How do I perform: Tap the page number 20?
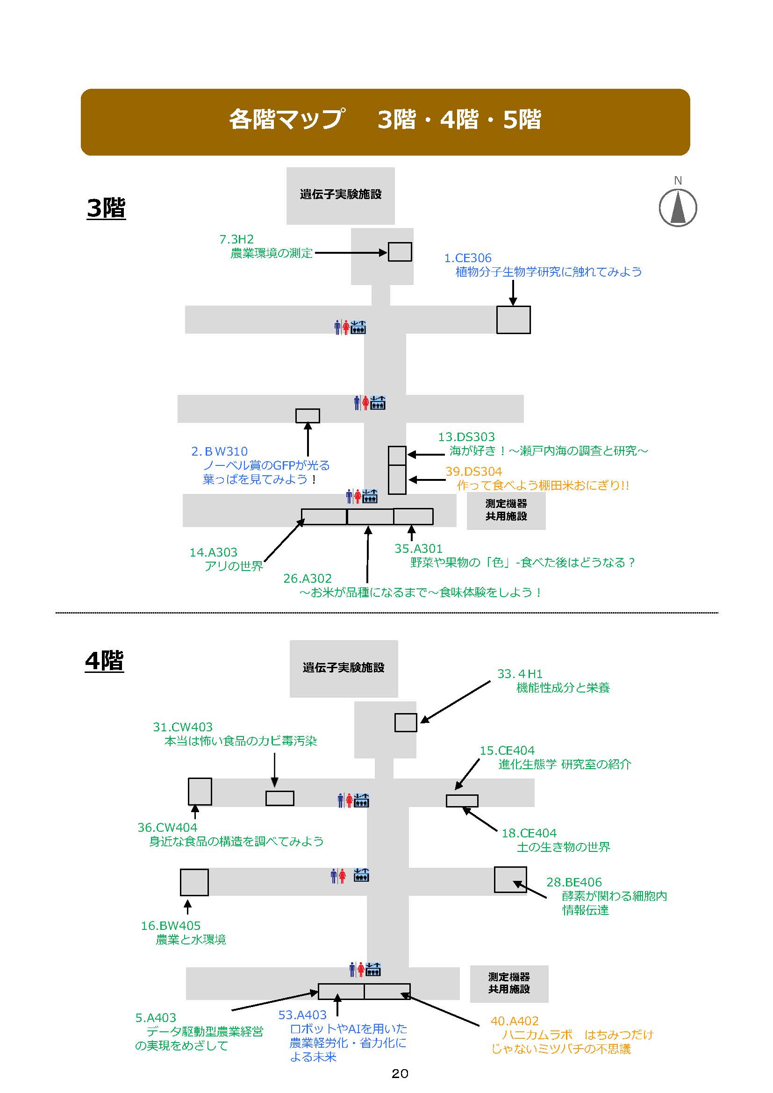pos(400,1073)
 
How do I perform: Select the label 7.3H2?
pos(236,239)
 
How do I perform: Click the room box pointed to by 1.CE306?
pos(513,320)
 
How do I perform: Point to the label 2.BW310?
pos(220,451)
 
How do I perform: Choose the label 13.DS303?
pos(466,436)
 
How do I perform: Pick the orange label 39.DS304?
pos(473,471)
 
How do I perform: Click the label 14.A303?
pos(213,552)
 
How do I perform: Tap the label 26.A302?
pos(308,579)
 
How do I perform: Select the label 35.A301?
pos(418,549)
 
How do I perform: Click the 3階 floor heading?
pos(106,208)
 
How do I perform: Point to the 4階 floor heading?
pos(104,661)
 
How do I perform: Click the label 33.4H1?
pos(520,674)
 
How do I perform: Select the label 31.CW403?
pos(183,727)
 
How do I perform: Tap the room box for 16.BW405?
pos(194,882)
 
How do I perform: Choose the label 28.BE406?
pos(574,882)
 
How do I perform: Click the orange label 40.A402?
pos(515,1021)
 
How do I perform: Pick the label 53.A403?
pos(303,1015)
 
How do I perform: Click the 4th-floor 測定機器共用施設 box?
pos(509,983)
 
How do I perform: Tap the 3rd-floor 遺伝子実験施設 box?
pos(340,195)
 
